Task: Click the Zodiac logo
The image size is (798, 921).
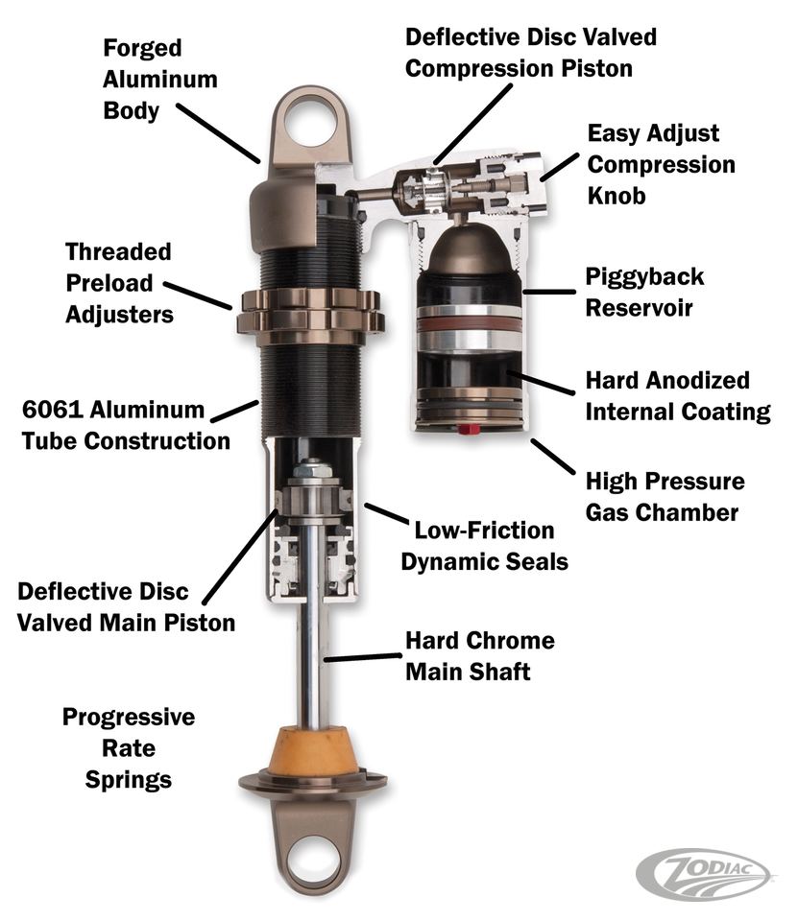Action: (x=706, y=874)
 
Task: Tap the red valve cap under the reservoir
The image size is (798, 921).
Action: (x=468, y=430)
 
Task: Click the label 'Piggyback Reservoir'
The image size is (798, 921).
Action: (x=644, y=292)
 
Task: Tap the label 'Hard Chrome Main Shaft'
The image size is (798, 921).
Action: (x=480, y=655)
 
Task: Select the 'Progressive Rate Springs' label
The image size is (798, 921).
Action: (x=129, y=747)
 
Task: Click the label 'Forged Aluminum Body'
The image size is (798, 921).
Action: (x=160, y=80)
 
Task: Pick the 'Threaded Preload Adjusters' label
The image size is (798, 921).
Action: (x=119, y=283)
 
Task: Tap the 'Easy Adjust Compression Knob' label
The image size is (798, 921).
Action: (x=661, y=164)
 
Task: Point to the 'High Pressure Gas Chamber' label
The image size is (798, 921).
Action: (x=665, y=496)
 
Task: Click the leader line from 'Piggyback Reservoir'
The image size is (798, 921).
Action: (x=549, y=292)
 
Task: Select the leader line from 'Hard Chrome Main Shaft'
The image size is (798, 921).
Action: (x=363, y=657)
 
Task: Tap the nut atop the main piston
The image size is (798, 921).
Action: (x=312, y=470)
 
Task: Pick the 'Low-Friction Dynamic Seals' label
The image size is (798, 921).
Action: (x=485, y=546)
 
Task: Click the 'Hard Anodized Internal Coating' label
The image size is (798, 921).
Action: (x=678, y=396)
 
